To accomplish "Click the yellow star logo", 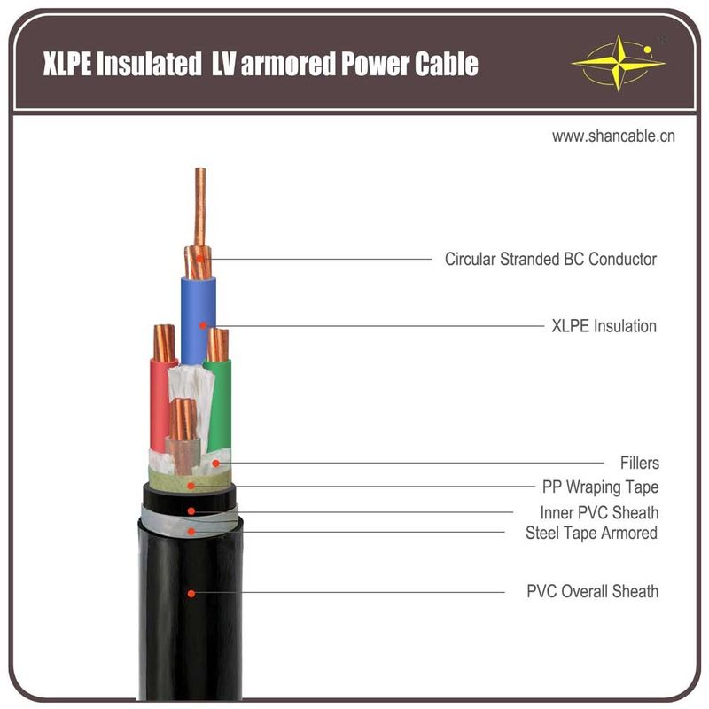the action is (618, 63).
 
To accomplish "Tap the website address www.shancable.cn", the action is (613, 136).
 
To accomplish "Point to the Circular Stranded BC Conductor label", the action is (550, 259).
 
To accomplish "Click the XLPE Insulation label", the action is (604, 326).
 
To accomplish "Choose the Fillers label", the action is (639, 463).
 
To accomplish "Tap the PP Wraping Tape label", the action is (600, 487).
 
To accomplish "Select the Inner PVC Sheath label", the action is (599, 513).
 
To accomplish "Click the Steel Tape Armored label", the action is (591, 534).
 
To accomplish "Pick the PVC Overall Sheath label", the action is (592, 591).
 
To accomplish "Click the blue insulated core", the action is (198, 320).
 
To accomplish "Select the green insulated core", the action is (219, 405).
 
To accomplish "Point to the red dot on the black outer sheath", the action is (191, 593).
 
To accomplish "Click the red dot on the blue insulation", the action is (203, 325).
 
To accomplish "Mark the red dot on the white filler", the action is (216, 464).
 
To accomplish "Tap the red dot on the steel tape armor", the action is (191, 532).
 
